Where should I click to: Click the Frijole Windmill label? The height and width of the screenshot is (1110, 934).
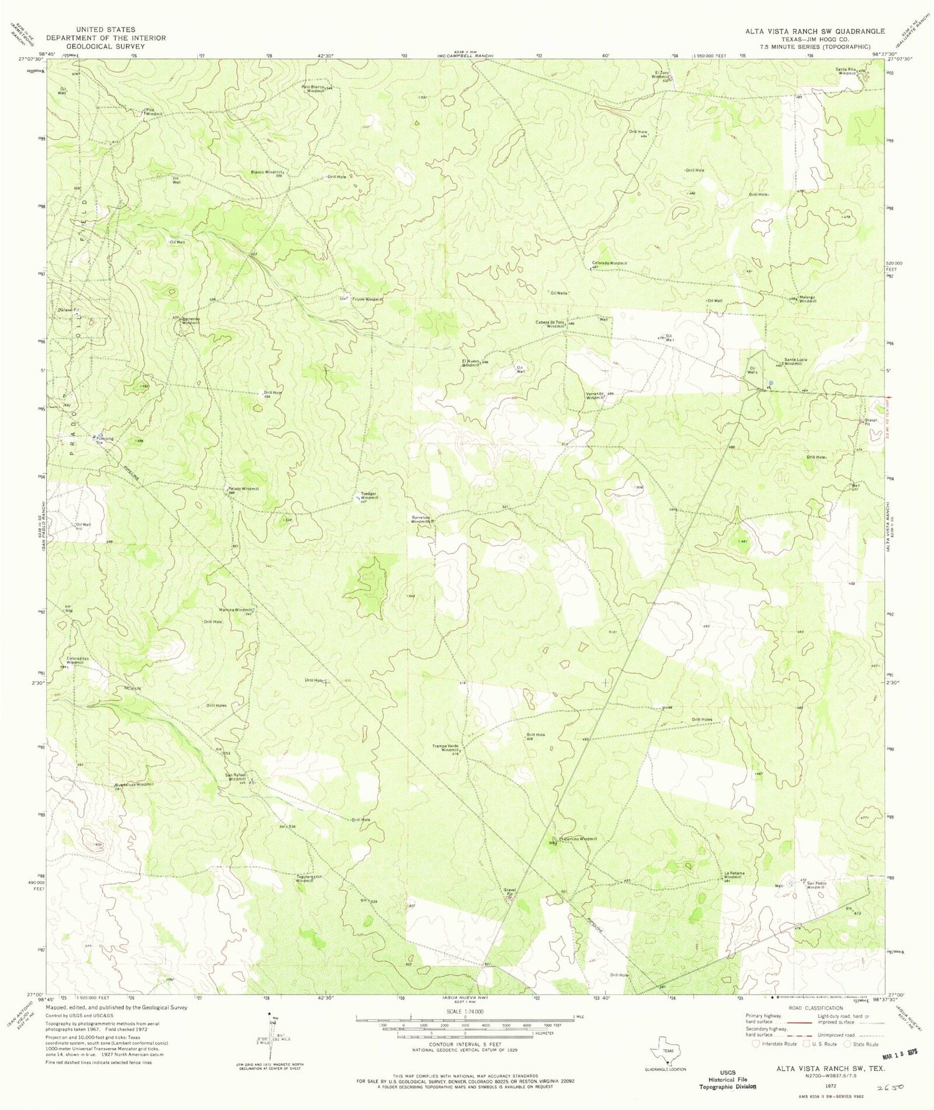(367, 299)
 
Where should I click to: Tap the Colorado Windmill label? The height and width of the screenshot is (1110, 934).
(609, 263)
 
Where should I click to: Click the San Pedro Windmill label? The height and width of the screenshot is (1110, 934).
(820, 885)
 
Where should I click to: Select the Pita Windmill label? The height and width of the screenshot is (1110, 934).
(154, 112)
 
